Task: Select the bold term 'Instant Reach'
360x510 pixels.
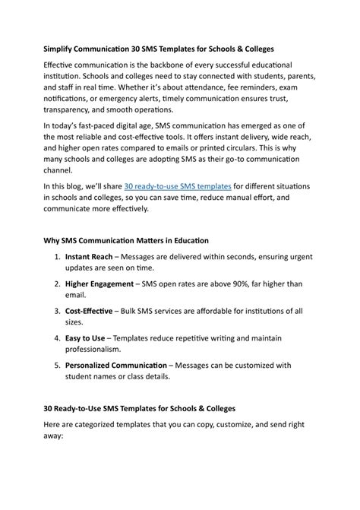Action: coord(90,260)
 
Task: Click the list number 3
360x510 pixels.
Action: coord(58,311)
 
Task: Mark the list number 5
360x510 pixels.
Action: coord(58,365)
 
